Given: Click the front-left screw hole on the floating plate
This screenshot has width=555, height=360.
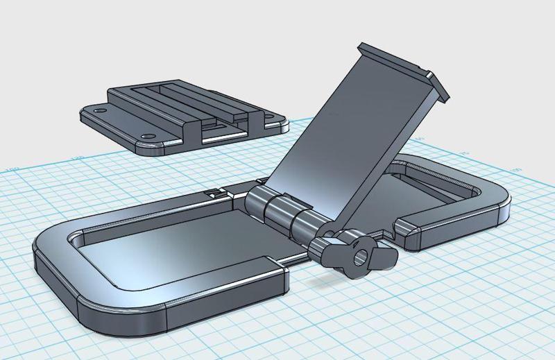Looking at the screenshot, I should (x=146, y=135).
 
